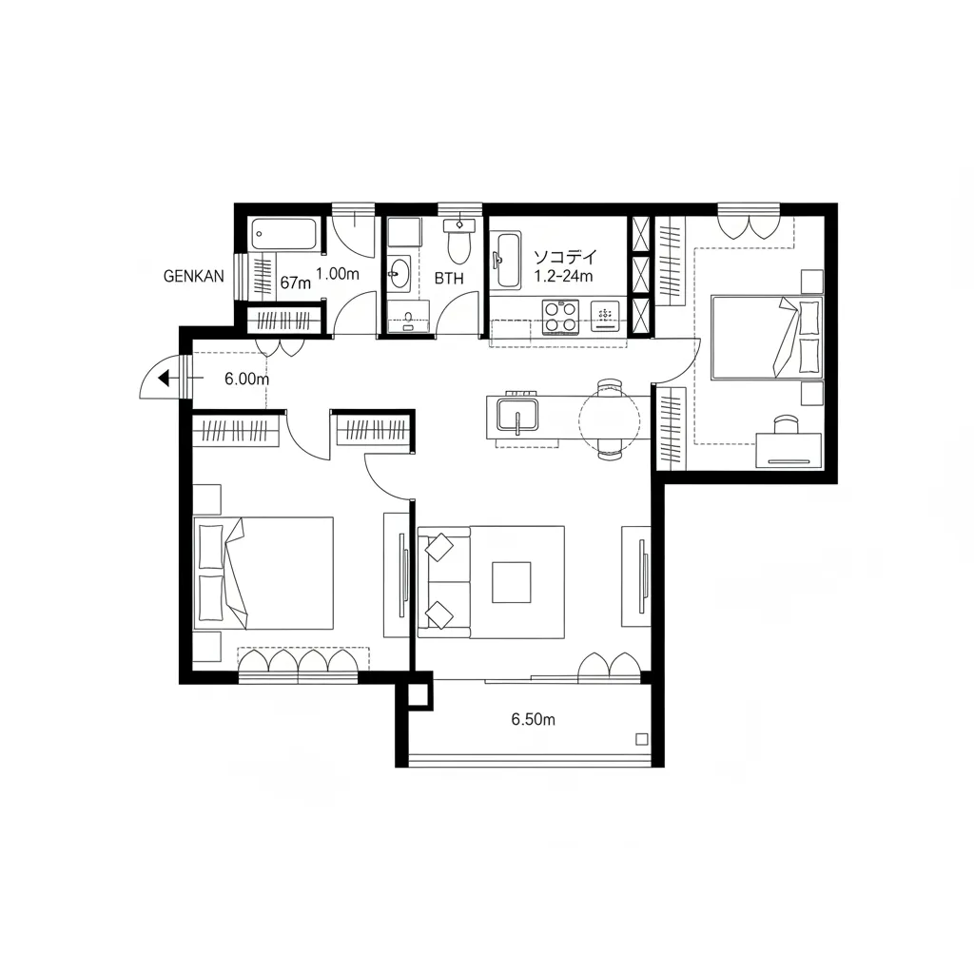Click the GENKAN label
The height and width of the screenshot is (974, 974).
click(x=193, y=277)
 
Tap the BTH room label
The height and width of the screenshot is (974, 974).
click(x=449, y=279)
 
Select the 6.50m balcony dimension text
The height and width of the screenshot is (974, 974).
click(x=533, y=719)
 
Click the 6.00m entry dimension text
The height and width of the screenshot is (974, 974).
click(x=246, y=379)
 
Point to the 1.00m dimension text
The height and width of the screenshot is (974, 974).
click(x=338, y=274)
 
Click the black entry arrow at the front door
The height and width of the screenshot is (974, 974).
click(x=164, y=378)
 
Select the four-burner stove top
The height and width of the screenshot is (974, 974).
click(x=560, y=317)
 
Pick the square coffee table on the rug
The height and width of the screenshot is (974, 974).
click(x=511, y=582)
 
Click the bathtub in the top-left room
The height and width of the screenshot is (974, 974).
click(x=284, y=234)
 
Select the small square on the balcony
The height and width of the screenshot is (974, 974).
click(x=642, y=739)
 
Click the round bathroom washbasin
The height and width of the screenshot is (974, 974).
click(x=399, y=273)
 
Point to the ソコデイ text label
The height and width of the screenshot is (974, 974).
click(x=565, y=257)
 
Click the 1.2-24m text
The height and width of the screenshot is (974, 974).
click(x=563, y=276)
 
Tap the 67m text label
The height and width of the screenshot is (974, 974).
click(x=295, y=283)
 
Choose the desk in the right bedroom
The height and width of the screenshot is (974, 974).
click(x=789, y=450)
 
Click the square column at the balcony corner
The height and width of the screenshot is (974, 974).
click(x=419, y=691)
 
